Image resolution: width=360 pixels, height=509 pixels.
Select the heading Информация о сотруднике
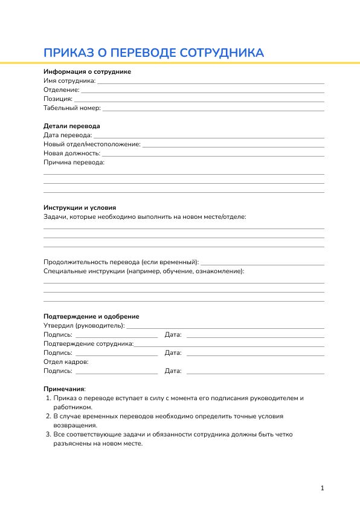point(87,71)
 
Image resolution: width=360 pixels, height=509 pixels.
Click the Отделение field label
point(61,89)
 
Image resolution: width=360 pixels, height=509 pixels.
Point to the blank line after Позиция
point(199,100)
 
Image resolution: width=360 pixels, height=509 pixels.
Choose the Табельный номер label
point(72,108)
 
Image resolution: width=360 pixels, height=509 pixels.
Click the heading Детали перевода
point(71,126)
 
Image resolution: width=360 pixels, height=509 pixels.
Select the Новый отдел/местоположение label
point(92,144)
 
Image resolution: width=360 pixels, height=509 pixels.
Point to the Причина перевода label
point(74,163)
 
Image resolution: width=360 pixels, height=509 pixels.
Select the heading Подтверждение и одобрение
point(91,316)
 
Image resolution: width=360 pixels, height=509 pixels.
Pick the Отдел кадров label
point(66,361)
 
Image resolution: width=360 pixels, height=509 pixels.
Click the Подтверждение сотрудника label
point(88,343)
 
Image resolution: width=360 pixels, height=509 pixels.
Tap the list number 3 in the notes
point(48,434)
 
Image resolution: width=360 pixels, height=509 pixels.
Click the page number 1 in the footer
point(323,488)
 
